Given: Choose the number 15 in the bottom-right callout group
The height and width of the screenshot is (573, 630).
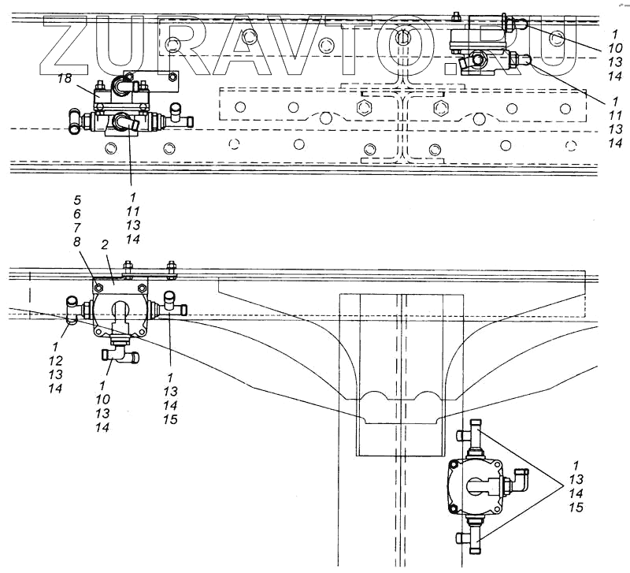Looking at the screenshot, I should pyautogui.click(x=576, y=508).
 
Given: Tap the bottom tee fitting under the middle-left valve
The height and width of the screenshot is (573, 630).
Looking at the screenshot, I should pyautogui.click(x=121, y=355).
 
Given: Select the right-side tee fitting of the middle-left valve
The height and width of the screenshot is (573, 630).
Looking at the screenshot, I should pyautogui.click(x=172, y=304).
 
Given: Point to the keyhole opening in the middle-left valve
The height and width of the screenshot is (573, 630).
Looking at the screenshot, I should pyautogui.click(x=120, y=311).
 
